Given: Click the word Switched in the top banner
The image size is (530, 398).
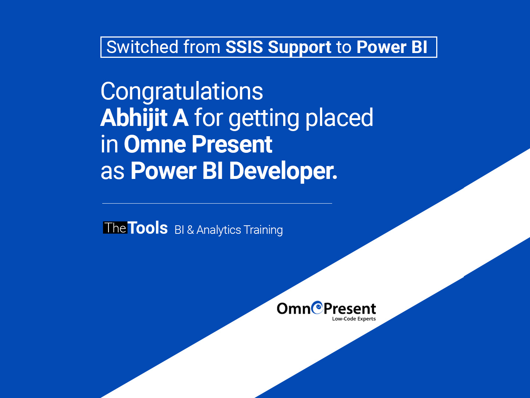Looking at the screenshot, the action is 142,47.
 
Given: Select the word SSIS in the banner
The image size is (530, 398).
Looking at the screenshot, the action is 244,47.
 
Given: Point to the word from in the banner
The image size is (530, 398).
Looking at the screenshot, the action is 202,47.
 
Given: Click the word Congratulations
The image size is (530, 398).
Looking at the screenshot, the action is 182,92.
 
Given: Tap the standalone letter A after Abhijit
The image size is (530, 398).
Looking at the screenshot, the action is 180,118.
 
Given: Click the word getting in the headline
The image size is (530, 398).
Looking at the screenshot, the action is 264,119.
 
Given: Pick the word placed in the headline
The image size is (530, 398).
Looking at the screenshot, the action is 339,119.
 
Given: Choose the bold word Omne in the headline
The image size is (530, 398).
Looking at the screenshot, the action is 155,144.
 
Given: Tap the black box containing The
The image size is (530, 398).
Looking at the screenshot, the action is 115,228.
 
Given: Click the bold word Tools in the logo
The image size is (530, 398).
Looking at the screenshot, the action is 147,228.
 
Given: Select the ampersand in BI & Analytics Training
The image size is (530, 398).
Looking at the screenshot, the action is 190,230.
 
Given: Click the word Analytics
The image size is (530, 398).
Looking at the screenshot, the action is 219,230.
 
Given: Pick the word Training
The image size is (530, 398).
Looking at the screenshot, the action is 263,230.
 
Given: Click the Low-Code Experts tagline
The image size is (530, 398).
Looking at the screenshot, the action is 354,319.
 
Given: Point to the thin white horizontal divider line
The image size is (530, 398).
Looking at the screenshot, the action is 217,204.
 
